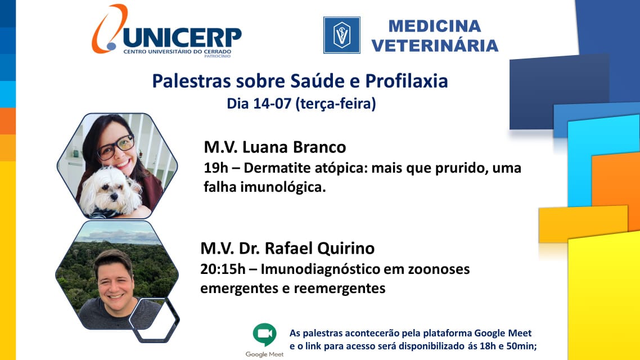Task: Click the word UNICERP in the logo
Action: pyautogui.click(x=182, y=37)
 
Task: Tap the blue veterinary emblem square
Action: pyautogui.click(x=342, y=35)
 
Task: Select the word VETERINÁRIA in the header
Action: pyautogui.click(x=435, y=46)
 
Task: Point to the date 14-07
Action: pyautogui.click(x=272, y=103)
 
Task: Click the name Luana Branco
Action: pyautogui.click(x=294, y=147)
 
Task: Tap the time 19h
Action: pyautogui.click(x=216, y=168)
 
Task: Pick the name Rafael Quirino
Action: pyautogui.click(x=319, y=248)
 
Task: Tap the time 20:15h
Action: pyautogui.click(x=223, y=269)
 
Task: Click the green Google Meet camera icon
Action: pyautogui.click(x=264, y=334)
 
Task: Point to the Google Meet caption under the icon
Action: pyautogui.click(x=264, y=354)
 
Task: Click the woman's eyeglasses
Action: pyautogui.click(x=116, y=147)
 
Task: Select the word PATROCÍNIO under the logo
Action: pyautogui.click(x=218, y=56)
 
